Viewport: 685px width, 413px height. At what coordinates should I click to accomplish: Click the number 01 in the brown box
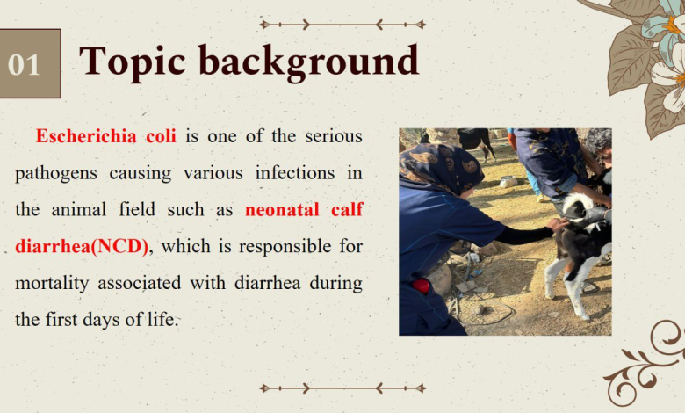[x=24, y=65]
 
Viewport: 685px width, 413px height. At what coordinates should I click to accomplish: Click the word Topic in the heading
[x=133, y=62]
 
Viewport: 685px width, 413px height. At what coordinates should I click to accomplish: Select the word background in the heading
[x=308, y=62]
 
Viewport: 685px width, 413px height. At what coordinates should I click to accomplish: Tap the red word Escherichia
[x=86, y=136]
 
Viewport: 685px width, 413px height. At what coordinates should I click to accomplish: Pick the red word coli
[x=162, y=136]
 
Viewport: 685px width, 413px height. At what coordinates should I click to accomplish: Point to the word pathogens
[x=56, y=174]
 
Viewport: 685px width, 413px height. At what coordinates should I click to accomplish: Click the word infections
[x=295, y=172]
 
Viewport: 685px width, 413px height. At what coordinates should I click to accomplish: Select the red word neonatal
[x=282, y=210]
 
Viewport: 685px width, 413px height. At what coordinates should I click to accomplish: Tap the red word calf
[x=347, y=209]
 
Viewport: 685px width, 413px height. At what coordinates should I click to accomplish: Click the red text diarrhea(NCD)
[x=83, y=247]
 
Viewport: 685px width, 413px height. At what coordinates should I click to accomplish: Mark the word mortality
[x=52, y=284]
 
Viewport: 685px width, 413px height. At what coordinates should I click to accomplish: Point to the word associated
[x=140, y=283]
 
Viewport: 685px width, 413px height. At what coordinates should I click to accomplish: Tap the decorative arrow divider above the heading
[x=342, y=25]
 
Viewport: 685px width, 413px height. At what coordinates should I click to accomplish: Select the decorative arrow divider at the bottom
[x=342, y=388]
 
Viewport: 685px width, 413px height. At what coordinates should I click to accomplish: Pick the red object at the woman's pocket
[x=422, y=286]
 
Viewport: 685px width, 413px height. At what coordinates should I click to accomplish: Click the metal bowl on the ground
[x=509, y=180]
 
